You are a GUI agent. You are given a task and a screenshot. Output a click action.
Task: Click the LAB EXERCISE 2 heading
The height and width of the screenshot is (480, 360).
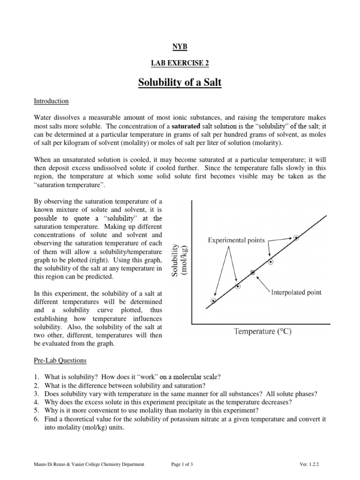click(x=180, y=63)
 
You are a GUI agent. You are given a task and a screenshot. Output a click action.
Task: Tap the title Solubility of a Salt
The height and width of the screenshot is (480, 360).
click(x=180, y=83)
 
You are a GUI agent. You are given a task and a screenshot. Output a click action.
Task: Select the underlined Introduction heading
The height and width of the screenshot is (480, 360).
click(x=52, y=101)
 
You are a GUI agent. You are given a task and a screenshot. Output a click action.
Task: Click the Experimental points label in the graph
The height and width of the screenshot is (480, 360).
click(x=236, y=240)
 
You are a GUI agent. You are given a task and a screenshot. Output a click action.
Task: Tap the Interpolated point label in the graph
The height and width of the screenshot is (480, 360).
click(x=296, y=292)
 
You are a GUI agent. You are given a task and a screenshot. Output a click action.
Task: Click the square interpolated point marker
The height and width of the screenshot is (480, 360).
click(x=253, y=272)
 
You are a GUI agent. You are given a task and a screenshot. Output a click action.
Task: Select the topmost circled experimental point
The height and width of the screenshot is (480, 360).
click(x=296, y=238)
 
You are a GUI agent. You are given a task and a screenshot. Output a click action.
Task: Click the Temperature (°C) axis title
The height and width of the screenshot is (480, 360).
click(x=262, y=331)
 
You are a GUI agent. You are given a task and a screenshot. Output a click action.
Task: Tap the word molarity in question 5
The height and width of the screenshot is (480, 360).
click(x=172, y=411)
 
